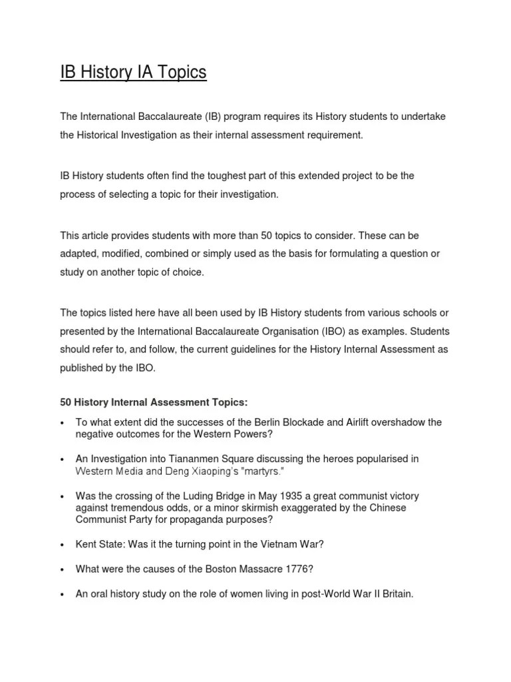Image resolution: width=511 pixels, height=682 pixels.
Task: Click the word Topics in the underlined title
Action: pos(179,72)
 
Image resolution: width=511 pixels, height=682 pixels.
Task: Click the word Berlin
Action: pos(271,422)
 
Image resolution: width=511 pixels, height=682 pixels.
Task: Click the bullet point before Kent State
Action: pos(61,545)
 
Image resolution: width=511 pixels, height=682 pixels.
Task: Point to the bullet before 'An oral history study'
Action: pos(61,594)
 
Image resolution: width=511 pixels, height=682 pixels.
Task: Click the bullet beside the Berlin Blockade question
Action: pos(61,423)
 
